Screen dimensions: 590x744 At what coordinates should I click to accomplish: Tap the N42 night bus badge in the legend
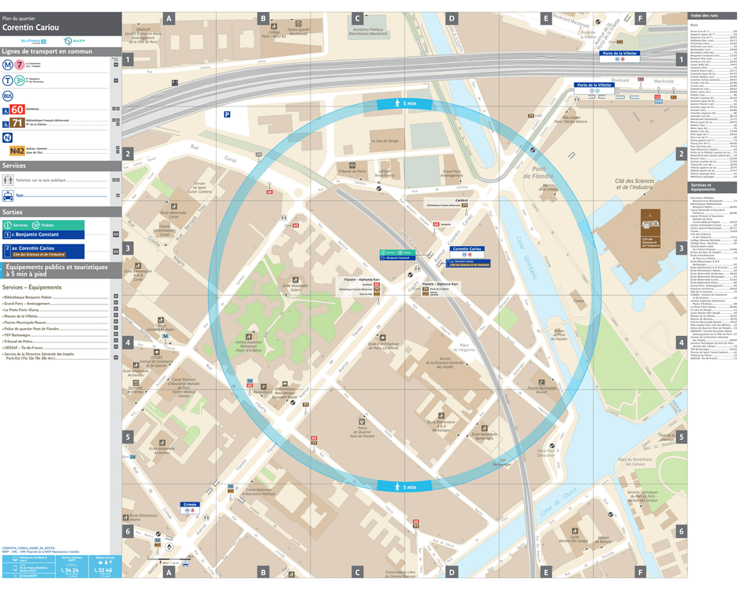point(17,150)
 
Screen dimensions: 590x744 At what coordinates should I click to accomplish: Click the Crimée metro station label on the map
point(190,503)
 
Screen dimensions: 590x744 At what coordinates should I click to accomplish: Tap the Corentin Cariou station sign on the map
point(465,248)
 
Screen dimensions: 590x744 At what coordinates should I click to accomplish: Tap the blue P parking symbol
point(227,114)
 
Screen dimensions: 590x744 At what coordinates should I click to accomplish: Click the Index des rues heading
point(707,16)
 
